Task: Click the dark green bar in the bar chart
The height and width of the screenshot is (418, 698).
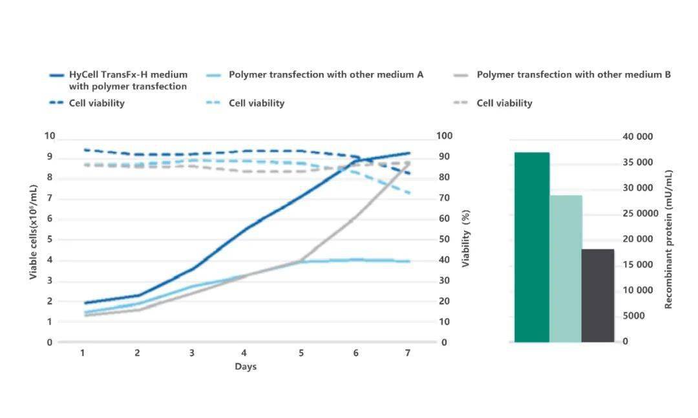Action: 532,247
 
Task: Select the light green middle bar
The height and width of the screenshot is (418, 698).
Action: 566,268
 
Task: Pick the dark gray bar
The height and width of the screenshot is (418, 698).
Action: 598,296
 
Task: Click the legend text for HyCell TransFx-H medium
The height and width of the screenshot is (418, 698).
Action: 128,81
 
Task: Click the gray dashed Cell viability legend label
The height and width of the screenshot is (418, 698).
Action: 504,103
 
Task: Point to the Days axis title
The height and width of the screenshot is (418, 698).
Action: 246,366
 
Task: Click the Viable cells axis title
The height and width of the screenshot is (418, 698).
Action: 33,232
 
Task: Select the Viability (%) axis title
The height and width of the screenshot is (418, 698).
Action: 465,238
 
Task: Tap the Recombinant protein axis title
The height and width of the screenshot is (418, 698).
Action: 668,240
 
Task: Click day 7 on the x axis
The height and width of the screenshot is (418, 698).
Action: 407,353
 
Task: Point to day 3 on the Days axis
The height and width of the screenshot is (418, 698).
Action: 192,353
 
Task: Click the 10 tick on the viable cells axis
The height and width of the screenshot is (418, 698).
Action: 50,136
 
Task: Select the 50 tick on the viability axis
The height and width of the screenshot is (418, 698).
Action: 444,239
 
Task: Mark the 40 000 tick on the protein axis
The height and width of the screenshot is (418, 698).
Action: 638,137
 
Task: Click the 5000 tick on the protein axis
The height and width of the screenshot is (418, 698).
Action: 633,316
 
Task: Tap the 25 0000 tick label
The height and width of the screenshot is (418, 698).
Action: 640,214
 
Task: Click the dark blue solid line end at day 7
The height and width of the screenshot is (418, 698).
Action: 409,153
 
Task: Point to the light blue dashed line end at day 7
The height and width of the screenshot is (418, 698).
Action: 409,193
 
